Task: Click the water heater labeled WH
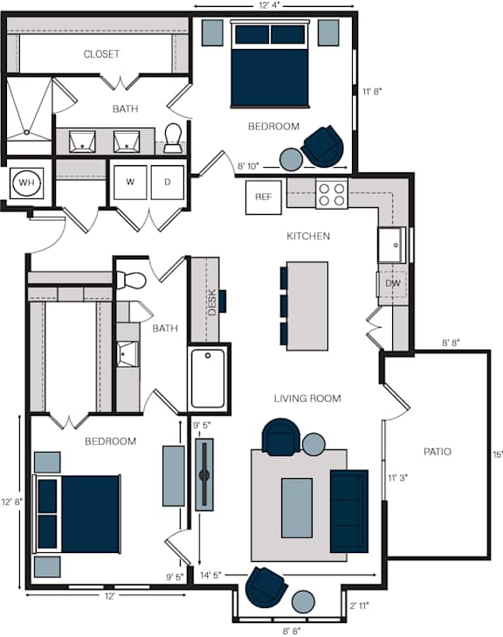pyautogui.click(x=26, y=183)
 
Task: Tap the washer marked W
pyautogui.click(x=130, y=183)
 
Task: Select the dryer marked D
pyautogui.click(x=168, y=183)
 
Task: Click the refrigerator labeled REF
pyautogui.click(x=264, y=197)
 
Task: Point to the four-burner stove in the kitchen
pyautogui.click(x=332, y=194)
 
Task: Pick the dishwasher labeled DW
pyautogui.click(x=393, y=283)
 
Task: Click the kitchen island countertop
pyautogui.click(x=307, y=306)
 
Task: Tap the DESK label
pyautogui.click(x=212, y=301)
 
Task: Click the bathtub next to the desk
pyautogui.click(x=208, y=378)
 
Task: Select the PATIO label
pyautogui.click(x=438, y=452)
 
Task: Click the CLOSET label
pyautogui.click(x=101, y=54)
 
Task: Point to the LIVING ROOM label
pyautogui.click(x=307, y=398)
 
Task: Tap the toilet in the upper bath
pyautogui.click(x=174, y=138)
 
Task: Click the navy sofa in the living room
pyautogui.click(x=349, y=511)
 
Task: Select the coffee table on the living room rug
pyautogui.click(x=297, y=508)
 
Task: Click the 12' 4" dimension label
pyautogui.click(x=269, y=5)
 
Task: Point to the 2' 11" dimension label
pyautogui.click(x=359, y=606)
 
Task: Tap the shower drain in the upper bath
pyautogui.click(x=26, y=132)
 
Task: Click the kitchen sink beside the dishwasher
pyautogui.click(x=391, y=245)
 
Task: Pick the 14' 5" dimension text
pyautogui.click(x=210, y=575)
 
